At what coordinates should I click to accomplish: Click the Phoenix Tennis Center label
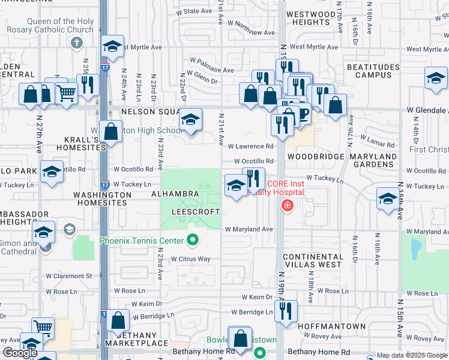tap(142, 241)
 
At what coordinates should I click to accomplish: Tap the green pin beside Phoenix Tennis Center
tap(192, 241)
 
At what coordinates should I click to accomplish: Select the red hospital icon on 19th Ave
tap(288, 206)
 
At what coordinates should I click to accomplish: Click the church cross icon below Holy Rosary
tap(76, 43)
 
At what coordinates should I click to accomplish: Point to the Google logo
tap(20, 353)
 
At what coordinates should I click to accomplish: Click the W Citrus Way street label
tap(190, 259)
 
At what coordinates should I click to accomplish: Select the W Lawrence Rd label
tap(253, 146)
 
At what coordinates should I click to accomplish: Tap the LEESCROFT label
tap(196, 212)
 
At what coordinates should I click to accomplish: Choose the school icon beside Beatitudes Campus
tap(436, 78)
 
